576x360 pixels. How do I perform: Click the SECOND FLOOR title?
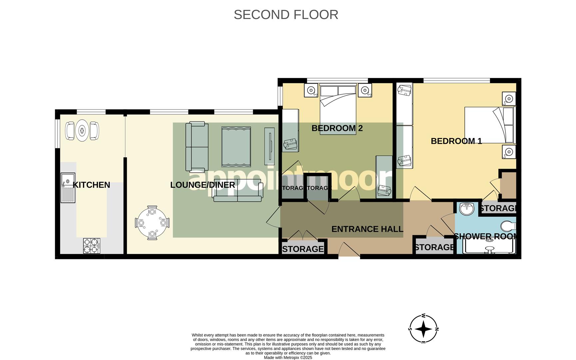pos(286,15)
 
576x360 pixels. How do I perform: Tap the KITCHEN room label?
pos(91,185)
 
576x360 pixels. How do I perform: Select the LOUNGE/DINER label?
pos(203,185)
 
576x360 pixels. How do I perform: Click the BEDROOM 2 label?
pos(337,128)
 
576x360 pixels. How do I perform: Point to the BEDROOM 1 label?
pos(456,141)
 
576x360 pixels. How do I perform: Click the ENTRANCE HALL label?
pos(367,229)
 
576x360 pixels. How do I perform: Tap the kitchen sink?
pos(68,188)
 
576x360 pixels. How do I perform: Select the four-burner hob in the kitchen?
pos(91,246)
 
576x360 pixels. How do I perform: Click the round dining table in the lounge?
pos(152,222)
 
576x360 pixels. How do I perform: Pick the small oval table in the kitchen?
pos(82,131)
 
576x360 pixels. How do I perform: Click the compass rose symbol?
pos(423,329)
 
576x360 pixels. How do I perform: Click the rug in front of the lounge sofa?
pos(236,147)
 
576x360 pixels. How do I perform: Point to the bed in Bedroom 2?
pos(338,109)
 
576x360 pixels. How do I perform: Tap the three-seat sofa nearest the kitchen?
pos(197,147)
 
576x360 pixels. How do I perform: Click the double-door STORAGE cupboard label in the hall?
pos(303,249)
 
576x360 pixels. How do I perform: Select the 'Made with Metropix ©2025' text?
pos(288,358)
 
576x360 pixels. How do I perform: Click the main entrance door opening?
pos(349,256)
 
